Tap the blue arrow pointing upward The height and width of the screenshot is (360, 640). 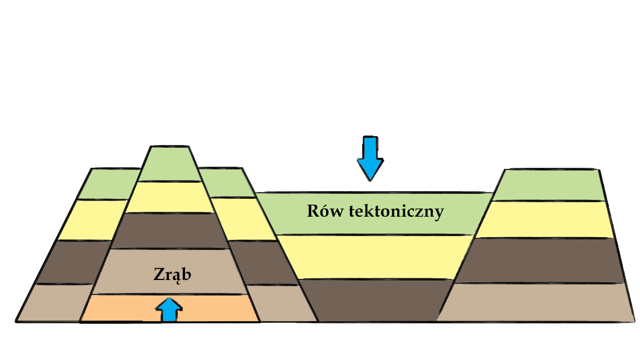168,310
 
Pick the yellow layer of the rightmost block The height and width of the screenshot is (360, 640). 547,219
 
